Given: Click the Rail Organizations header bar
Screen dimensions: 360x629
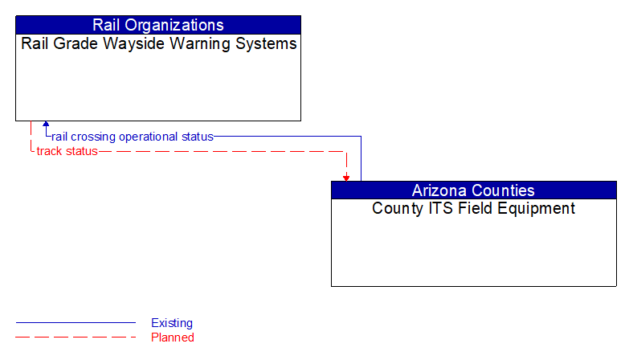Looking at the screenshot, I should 158,25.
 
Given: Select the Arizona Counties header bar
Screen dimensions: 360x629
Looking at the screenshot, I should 473,190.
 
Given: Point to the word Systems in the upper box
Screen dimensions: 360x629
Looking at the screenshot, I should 269,44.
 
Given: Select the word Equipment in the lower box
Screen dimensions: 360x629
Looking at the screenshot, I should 535,209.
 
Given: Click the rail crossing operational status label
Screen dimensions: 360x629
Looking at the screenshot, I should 133,137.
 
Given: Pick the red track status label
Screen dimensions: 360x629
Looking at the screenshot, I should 67,151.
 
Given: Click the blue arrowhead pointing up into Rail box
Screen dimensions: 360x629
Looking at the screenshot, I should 46,125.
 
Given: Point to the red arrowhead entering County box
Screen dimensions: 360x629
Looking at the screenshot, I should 346,178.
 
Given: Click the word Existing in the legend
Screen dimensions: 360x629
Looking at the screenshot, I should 172,323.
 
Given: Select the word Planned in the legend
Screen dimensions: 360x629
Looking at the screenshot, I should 173,337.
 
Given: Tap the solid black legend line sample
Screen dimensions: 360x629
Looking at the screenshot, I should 76,323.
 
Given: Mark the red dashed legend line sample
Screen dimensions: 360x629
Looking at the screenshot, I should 76,337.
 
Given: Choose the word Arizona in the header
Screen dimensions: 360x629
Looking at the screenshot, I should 440,190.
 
